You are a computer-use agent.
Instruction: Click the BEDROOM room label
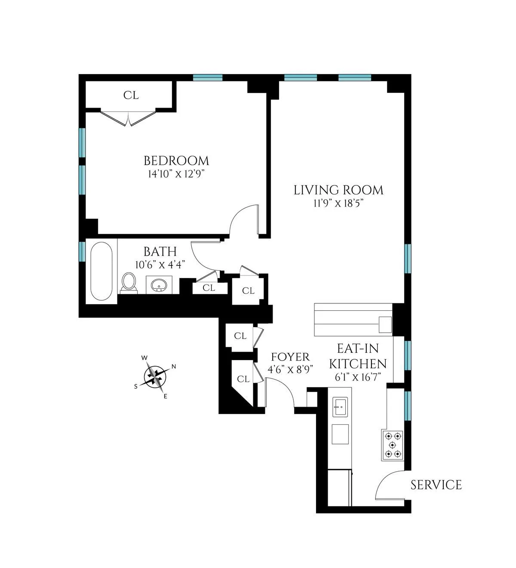click(176, 161)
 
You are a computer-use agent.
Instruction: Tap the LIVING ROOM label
click(338, 190)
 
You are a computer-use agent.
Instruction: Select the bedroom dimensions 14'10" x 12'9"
click(176, 174)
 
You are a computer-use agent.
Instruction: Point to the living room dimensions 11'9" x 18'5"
click(339, 204)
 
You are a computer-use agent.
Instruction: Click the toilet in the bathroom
click(129, 282)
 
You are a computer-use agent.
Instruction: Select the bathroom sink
click(160, 285)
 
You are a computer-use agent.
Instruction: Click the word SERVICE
click(436, 485)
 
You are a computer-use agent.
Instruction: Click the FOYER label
click(290, 357)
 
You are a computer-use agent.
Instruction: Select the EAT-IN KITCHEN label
click(358, 356)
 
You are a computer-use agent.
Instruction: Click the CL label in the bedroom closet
click(131, 96)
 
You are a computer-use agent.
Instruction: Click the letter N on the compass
click(174, 367)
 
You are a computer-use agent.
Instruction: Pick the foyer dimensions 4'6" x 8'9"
click(290, 369)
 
